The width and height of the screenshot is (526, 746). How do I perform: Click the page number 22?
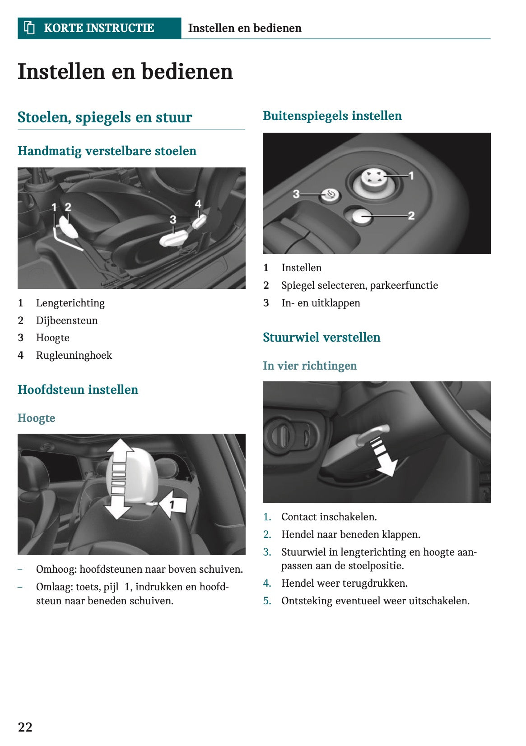25,727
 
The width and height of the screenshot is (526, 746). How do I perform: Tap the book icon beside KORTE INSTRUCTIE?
29,28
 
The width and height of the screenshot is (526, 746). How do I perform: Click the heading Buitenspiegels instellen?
332,116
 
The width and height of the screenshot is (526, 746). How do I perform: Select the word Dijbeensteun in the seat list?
67,320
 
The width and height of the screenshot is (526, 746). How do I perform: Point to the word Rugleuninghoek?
74,356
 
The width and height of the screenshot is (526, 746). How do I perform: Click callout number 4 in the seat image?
198,204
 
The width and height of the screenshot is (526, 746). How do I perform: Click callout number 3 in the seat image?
173,220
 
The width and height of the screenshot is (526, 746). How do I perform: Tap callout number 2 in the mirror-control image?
411,216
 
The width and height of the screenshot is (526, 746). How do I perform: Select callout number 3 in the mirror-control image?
296,194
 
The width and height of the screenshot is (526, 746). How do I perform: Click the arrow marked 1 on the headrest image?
174,504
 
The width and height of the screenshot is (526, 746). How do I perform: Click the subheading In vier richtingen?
310,366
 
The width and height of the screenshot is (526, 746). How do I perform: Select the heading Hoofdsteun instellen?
78,390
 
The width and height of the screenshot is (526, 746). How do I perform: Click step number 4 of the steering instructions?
267,584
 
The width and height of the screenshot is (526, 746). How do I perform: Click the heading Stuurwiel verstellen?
321,338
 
